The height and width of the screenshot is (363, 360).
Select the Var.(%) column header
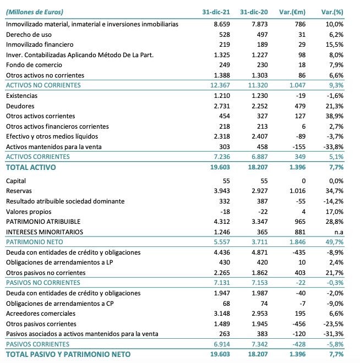(332, 12)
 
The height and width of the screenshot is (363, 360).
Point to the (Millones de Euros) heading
(34, 12)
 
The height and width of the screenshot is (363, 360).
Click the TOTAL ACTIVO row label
(31, 167)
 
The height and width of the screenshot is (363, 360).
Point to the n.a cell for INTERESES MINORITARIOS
(338, 232)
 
